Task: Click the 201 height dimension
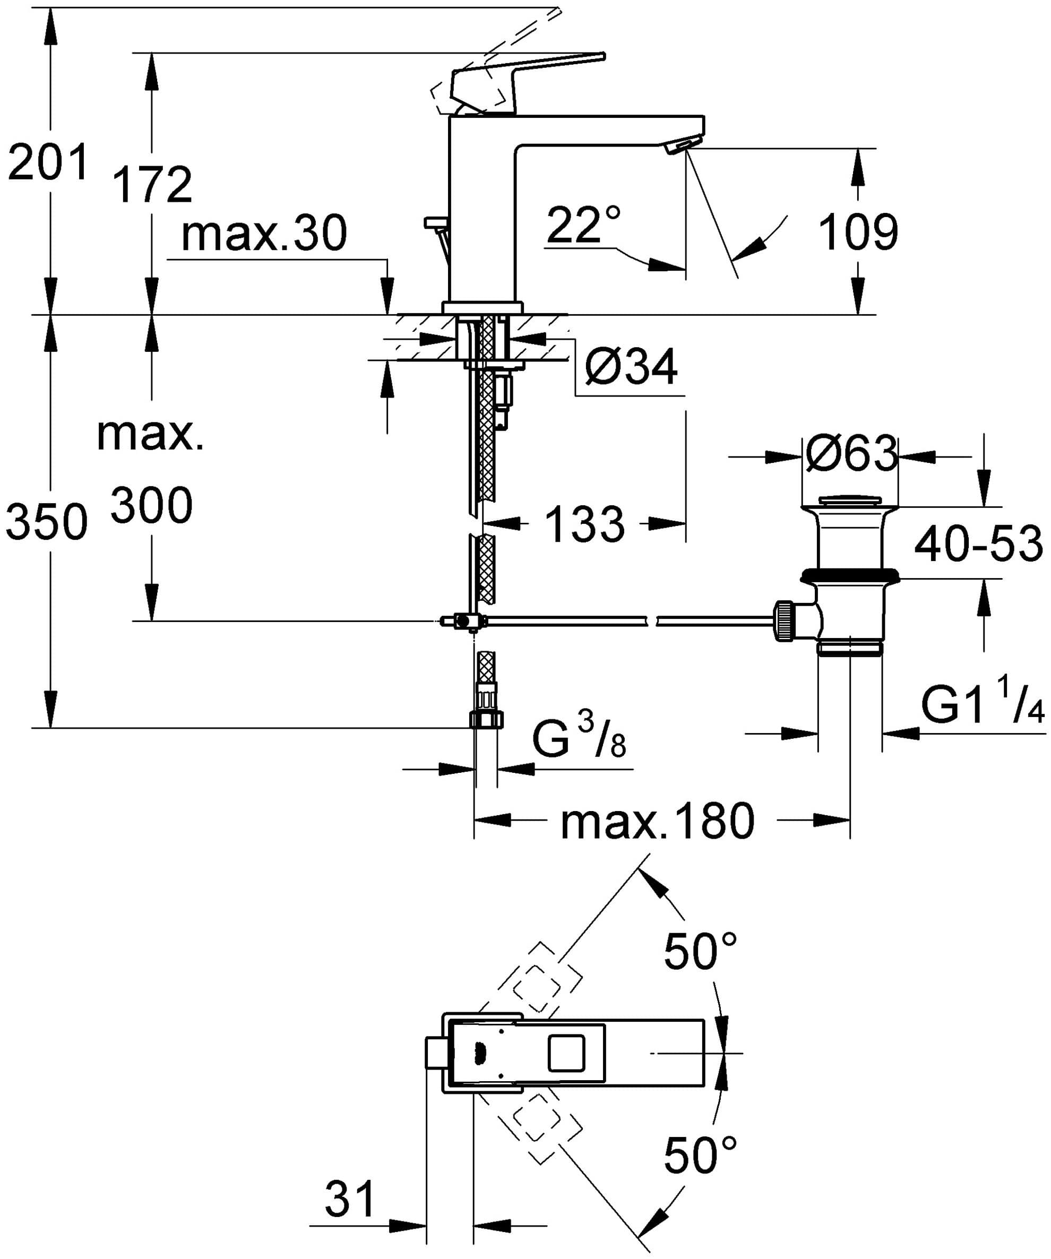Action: click(48, 162)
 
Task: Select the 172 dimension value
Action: click(152, 185)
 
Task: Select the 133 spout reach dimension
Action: click(585, 524)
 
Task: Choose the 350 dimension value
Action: click(47, 522)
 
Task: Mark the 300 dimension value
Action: click(152, 505)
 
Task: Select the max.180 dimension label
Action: click(658, 822)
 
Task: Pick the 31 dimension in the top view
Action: click(349, 1198)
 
